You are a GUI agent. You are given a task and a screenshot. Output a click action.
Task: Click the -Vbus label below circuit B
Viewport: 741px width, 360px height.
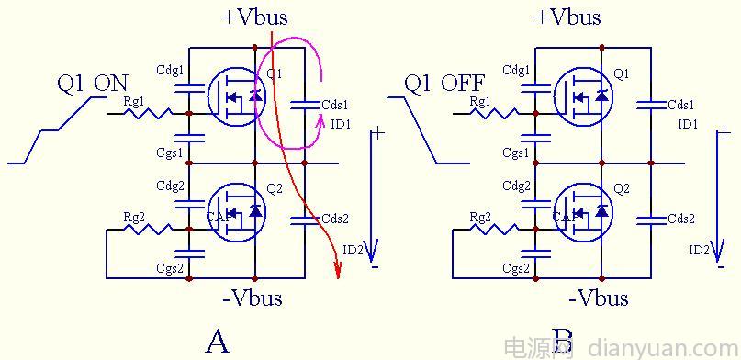[x=599, y=298]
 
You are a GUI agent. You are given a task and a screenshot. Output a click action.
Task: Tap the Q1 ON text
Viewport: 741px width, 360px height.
[x=93, y=84]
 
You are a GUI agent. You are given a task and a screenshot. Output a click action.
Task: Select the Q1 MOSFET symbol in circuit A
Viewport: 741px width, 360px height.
[x=237, y=95]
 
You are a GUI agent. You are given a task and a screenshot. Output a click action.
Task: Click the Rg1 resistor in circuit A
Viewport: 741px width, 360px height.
[x=149, y=113]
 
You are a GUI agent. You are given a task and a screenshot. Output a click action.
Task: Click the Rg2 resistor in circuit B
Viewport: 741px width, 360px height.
[x=495, y=229]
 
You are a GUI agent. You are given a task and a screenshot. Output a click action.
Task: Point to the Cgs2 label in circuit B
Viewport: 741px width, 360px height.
[x=515, y=268]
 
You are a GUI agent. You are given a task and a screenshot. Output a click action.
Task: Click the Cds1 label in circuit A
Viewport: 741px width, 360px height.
[x=334, y=105]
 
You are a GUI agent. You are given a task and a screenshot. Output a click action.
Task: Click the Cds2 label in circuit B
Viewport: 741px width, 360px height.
[x=680, y=219]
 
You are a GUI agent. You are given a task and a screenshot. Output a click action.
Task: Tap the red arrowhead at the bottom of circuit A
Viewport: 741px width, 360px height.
[x=339, y=270]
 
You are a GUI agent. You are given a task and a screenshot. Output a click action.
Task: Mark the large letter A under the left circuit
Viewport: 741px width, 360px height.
[x=217, y=342]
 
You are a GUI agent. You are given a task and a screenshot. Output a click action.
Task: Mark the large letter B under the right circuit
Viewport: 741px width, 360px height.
[x=562, y=342]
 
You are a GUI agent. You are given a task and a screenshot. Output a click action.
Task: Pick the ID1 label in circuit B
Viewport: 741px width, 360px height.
[x=688, y=123]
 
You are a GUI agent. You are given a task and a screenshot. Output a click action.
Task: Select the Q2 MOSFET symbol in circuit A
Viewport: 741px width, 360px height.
[x=237, y=210]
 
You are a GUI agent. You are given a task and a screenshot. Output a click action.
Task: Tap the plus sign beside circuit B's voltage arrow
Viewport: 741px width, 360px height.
[x=722, y=133]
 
